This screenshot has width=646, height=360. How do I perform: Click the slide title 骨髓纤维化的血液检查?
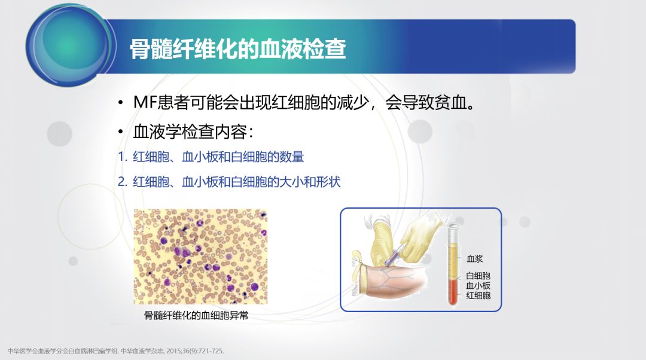pyautogui.click(x=237, y=50)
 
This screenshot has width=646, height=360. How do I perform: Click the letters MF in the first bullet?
pyautogui.click(x=144, y=102)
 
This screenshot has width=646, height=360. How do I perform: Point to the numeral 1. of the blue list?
pyautogui.click(x=122, y=157)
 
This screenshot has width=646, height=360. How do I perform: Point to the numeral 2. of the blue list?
pyautogui.click(x=122, y=182)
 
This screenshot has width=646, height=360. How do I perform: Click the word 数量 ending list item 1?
pyautogui.click(x=293, y=157)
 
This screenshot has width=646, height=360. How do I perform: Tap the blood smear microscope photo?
pyautogui.click(x=200, y=256)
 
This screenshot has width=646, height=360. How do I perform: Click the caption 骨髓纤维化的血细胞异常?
pyautogui.click(x=196, y=316)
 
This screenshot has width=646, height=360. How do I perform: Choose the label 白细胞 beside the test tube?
pyautogui.click(x=478, y=276)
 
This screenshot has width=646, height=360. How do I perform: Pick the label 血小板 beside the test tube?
pyautogui.click(x=478, y=285)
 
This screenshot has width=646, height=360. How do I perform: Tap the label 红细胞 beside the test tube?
pyautogui.click(x=478, y=295)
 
